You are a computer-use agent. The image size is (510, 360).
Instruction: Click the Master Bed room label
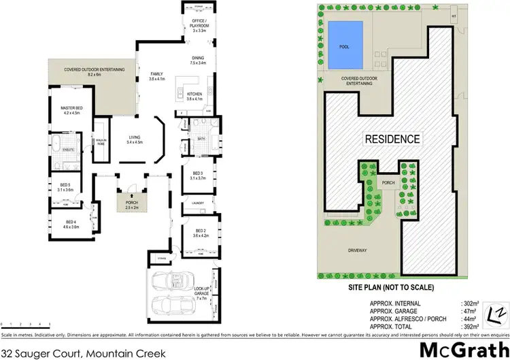pyautogui.click(x=71, y=110)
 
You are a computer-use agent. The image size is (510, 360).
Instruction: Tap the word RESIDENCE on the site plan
pyautogui.click(x=392, y=139)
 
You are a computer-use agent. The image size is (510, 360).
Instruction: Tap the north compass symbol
pyautogui.click(x=496, y=314)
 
